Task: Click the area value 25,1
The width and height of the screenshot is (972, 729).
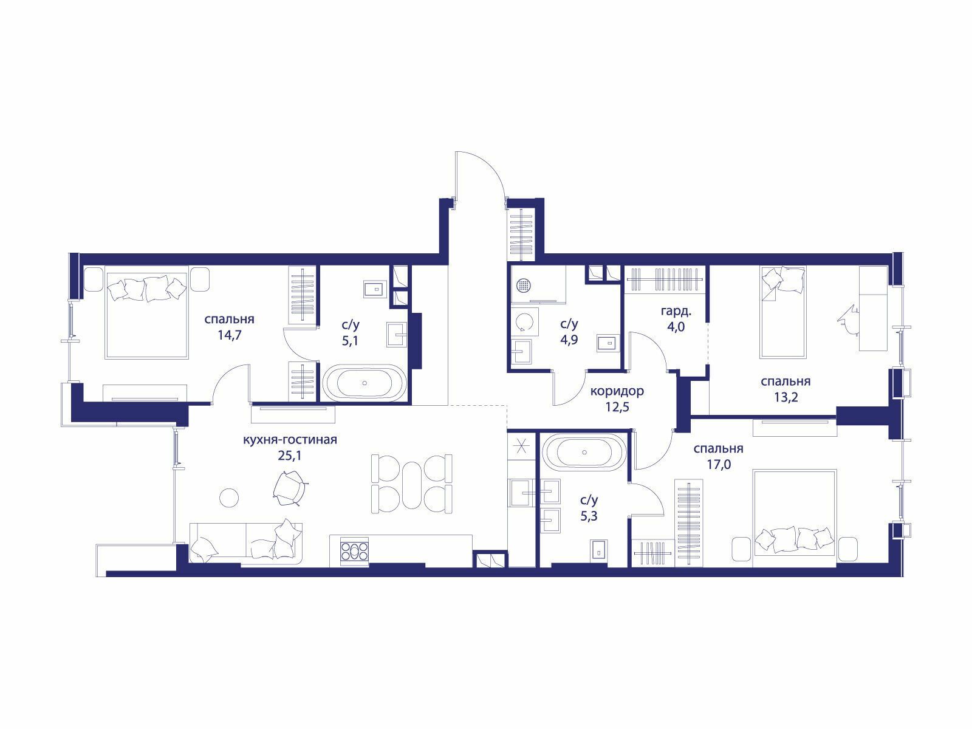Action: click(x=290, y=456)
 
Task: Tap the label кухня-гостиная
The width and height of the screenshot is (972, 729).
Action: click(x=290, y=439)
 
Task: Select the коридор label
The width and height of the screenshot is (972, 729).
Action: click(x=617, y=391)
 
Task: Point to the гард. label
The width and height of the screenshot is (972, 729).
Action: click(x=676, y=312)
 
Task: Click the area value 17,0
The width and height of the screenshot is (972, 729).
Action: click(x=718, y=464)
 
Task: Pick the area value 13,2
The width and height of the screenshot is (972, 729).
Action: click(x=786, y=397)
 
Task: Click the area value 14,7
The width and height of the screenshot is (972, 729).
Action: click(x=230, y=335)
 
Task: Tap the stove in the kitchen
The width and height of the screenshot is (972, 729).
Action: click(x=354, y=551)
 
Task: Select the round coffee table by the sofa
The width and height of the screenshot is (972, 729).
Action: click(x=229, y=498)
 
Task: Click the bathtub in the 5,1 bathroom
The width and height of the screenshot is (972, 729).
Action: click(x=364, y=383)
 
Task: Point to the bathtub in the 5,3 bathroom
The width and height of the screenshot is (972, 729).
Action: click(x=584, y=453)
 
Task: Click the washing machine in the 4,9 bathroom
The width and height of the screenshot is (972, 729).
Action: click(x=525, y=327)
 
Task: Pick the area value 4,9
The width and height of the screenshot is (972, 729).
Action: click(x=569, y=340)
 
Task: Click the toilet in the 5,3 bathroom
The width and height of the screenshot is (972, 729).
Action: click(x=599, y=553)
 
